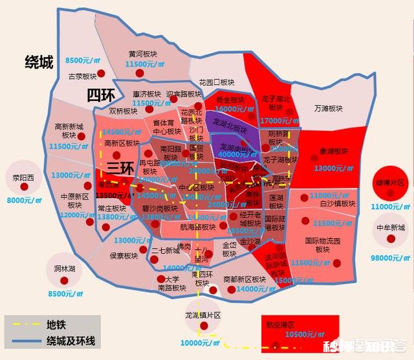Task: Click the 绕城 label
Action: tap(38, 62)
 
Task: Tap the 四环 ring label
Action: tap(101, 95)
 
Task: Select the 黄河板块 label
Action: tap(144, 54)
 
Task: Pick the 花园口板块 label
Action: tap(217, 82)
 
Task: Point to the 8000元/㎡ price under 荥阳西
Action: tap(23, 200)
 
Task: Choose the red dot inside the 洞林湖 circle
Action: tap(63, 280)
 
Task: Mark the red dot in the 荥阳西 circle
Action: tap(25, 186)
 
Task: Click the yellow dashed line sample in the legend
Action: tap(25, 325)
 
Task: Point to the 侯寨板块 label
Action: tap(124, 255)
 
